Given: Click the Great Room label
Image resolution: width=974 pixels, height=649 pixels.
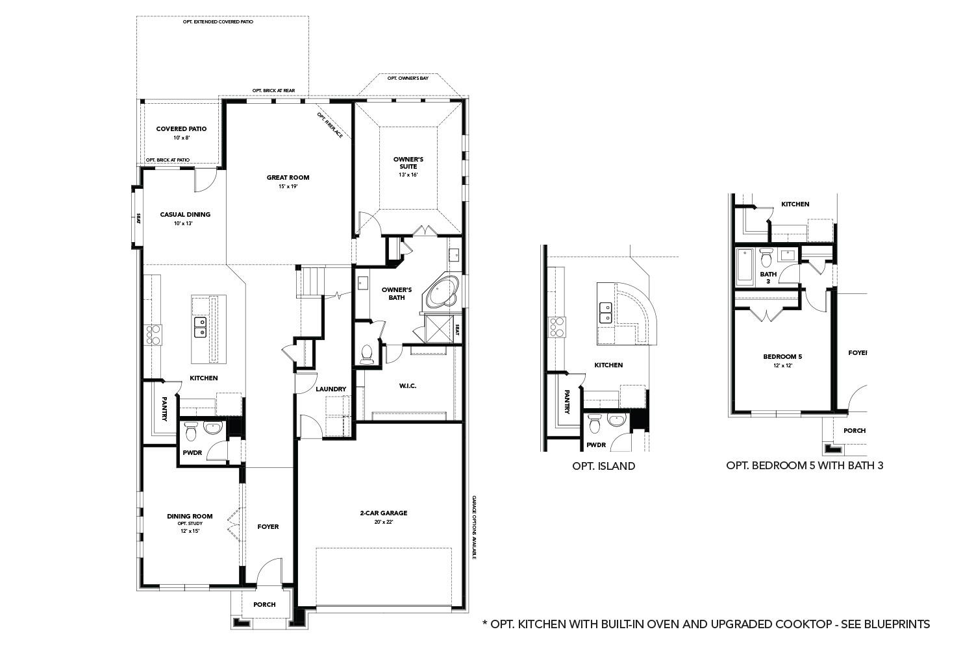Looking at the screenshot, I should [x=288, y=177].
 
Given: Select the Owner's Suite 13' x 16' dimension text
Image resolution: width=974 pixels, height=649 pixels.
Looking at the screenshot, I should [x=408, y=175].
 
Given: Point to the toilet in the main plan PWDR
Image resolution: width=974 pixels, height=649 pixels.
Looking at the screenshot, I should [x=191, y=431].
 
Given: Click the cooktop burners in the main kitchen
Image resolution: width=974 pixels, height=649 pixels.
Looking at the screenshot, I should [x=154, y=334].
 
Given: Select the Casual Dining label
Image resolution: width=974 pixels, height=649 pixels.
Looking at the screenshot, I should [x=185, y=214].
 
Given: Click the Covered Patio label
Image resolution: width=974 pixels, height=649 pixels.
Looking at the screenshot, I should [x=181, y=129].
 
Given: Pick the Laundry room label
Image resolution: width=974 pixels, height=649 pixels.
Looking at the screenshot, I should [x=331, y=389].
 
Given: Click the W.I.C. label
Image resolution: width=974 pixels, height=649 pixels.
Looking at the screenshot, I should [x=408, y=386].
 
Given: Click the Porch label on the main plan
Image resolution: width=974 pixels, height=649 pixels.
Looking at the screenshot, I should [x=264, y=604].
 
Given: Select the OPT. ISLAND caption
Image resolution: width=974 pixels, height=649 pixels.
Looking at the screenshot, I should [x=603, y=466].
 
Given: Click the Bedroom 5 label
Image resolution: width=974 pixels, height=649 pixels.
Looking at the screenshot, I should [x=782, y=356].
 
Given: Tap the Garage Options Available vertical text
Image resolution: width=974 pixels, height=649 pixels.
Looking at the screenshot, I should [x=474, y=528].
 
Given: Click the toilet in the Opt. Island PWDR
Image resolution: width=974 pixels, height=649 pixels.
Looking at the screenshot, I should [x=595, y=425].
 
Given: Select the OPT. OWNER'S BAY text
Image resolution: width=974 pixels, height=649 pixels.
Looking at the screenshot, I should [x=408, y=78].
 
